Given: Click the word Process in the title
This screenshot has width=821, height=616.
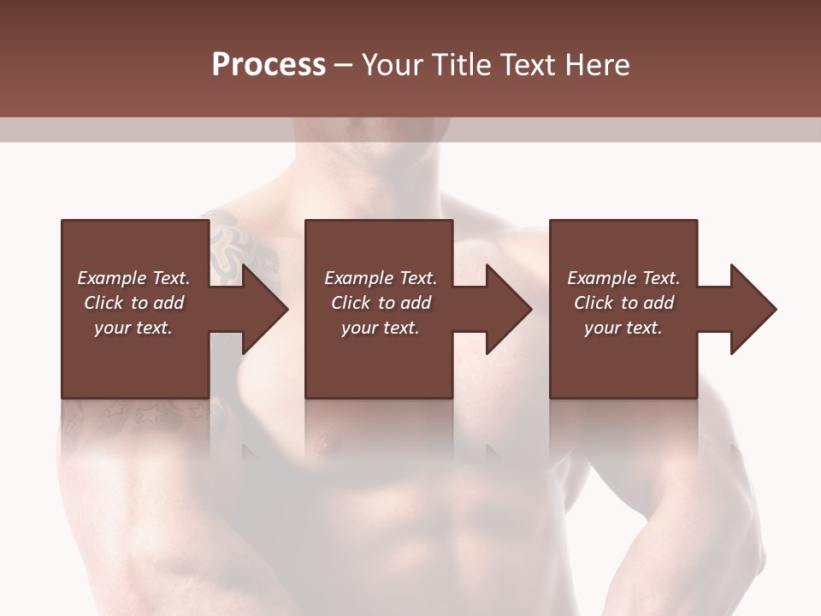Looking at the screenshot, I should [x=269, y=65].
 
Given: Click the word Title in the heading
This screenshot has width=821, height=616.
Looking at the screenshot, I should [x=459, y=65].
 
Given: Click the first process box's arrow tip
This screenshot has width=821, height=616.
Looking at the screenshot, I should [x=286, y=309].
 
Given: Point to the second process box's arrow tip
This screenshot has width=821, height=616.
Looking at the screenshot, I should [x=529, y=309].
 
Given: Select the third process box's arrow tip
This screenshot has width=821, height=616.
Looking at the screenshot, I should [x=774, y=309].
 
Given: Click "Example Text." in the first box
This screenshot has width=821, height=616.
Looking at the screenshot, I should [x=133, y=278].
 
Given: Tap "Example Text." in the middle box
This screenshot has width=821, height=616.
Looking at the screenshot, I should [x=381, y=278].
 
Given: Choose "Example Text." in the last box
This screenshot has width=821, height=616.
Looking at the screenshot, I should [x=623, y=278].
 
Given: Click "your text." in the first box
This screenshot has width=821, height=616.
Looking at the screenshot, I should [x=133, y=328].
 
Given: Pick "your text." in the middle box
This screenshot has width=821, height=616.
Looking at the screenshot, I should [x=381, y=328].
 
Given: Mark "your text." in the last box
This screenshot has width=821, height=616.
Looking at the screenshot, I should [x=623, y=328].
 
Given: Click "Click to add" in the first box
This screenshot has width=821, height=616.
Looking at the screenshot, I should [x=133, y=303].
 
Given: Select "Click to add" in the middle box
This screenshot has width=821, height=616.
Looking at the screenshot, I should [x=381, y=303].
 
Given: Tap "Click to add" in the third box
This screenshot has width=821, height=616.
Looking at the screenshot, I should [x=623, y=303].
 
